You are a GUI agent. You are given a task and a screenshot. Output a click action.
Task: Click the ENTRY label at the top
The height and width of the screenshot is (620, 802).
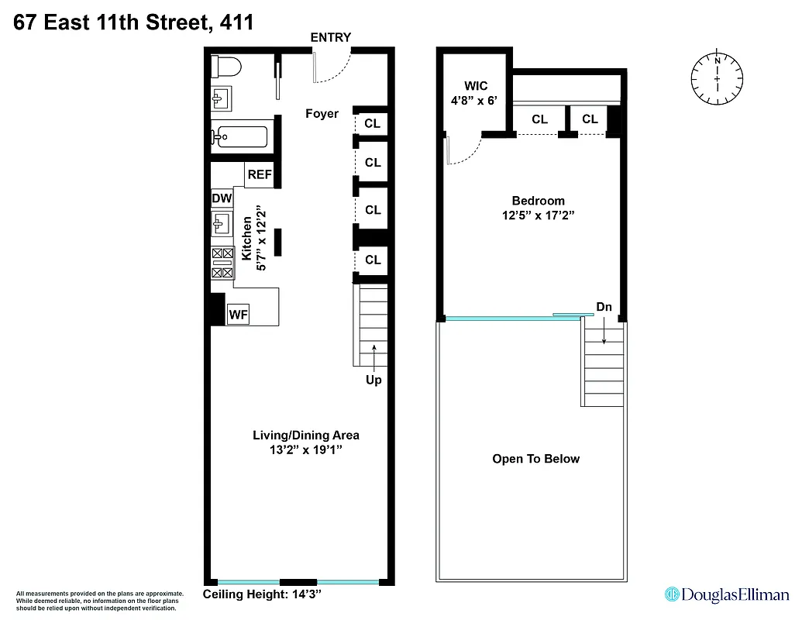pos(330,37)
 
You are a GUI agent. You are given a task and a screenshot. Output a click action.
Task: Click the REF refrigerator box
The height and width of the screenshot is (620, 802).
pos(259,175)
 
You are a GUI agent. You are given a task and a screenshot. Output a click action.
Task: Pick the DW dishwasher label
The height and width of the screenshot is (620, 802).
pos(222,199)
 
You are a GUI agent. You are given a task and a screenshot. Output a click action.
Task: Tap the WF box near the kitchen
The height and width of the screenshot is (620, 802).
pos(238,315)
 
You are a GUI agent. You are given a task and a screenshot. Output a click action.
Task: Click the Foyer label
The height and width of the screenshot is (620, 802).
pos(322,114)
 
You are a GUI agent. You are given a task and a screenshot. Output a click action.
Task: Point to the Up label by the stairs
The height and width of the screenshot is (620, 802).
pos(373,380)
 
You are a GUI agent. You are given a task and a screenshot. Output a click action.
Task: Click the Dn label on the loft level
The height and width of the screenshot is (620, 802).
pos(604,307)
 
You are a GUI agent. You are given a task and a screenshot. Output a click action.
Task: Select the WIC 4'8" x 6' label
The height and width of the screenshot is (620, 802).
pos(476,93)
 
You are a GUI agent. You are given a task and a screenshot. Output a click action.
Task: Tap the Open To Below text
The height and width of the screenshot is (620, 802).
pos(535,459)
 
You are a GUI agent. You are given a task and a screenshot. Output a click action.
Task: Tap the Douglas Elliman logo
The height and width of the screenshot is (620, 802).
pos(727,594)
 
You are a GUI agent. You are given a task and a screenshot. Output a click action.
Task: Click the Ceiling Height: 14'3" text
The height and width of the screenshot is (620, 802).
pos(261,594)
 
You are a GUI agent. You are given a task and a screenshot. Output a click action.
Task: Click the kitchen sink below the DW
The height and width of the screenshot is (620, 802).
pos(222,226)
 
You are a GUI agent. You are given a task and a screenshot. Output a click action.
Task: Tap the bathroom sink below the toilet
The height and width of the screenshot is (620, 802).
pos(221,99)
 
